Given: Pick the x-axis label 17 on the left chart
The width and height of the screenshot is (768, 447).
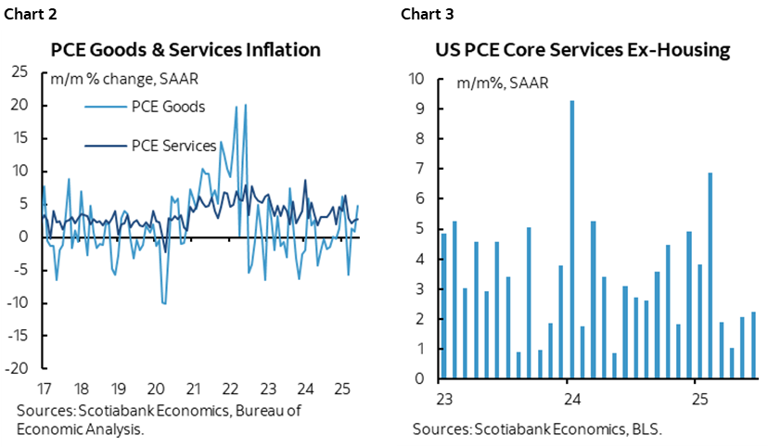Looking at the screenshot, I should (44, 388).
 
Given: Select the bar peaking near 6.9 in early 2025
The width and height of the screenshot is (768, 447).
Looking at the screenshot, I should (710, 275).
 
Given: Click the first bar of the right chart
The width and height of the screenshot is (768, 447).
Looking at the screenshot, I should (443, 306).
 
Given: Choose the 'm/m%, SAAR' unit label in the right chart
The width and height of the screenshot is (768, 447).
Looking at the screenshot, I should (502, 83).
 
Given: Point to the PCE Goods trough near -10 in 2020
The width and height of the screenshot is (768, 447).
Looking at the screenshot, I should (164, 303).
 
